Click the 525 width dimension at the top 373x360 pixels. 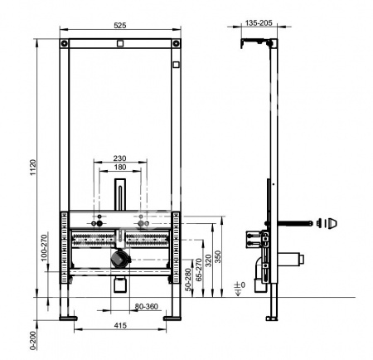(119, 27)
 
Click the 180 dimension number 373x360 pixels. (119, 168)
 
